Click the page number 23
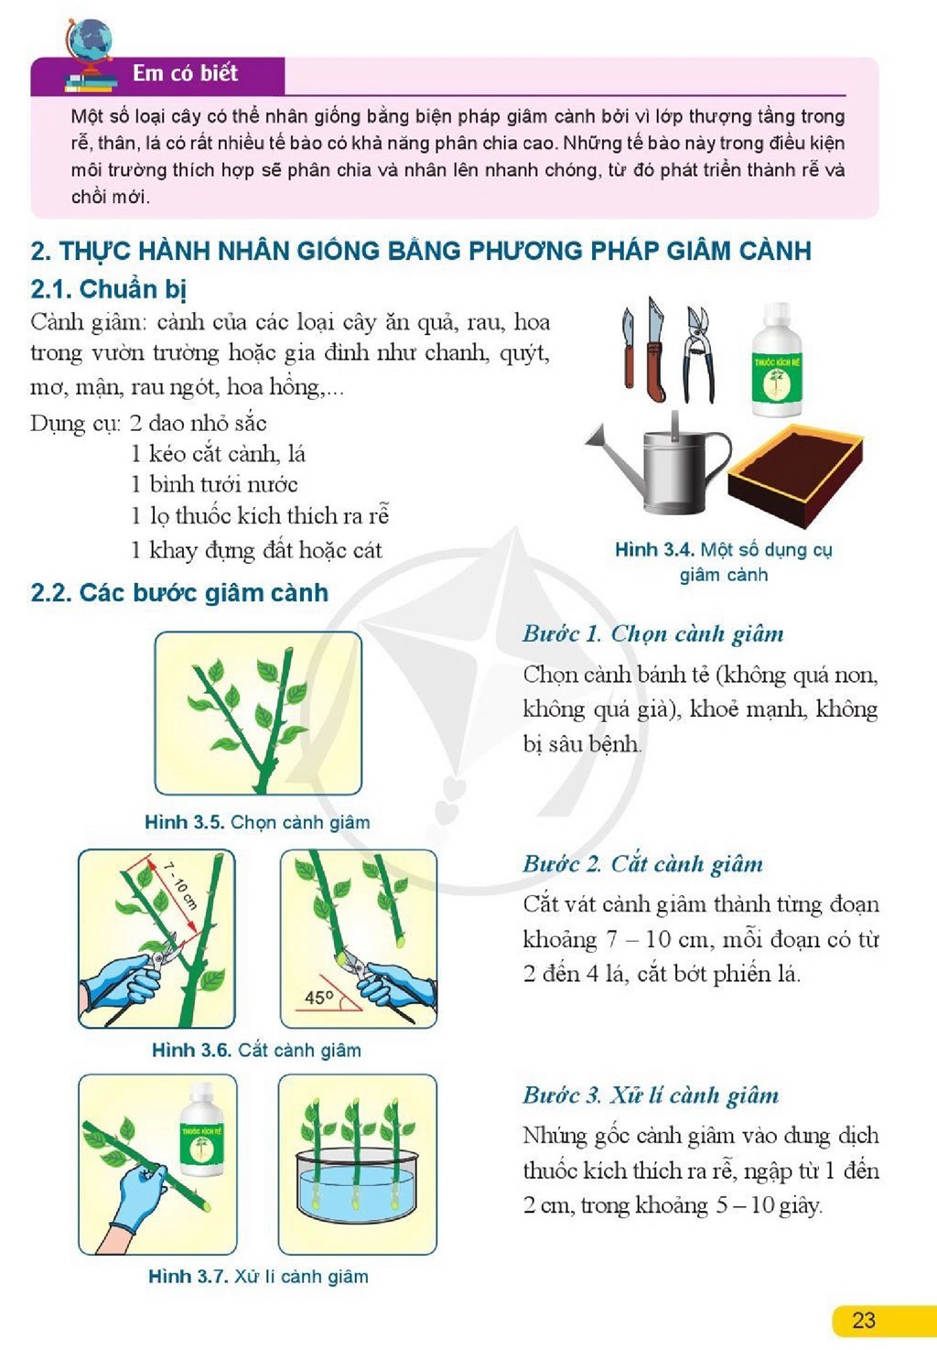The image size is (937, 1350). tap(864, 1320)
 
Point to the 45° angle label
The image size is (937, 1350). tap(318, 998)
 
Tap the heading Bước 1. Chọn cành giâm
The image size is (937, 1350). tap(653, 633)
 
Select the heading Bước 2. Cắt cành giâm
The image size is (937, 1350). tap(643, 864)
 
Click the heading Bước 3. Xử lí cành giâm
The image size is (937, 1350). tap(651, 1095)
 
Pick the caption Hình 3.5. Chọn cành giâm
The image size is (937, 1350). tap(257, 822)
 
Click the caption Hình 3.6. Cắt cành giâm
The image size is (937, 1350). tap(257, 1050)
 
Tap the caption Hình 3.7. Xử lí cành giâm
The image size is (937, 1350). tap(259, 1277)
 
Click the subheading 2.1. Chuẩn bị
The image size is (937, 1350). tap(109, 290)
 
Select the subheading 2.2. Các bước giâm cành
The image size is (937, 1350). tap(179, 593)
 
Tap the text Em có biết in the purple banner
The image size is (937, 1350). tap(185, 73)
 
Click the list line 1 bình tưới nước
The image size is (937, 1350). tap(214, 485)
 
